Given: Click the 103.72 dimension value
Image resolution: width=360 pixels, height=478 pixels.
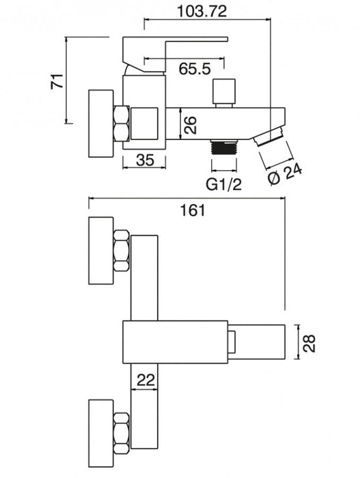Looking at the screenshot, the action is (202, 12).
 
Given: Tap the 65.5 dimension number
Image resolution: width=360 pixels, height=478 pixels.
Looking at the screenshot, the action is (195, 69).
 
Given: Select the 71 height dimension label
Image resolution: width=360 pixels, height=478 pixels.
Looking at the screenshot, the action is (57, 81).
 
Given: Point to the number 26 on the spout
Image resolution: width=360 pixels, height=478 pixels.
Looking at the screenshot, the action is (190, 125).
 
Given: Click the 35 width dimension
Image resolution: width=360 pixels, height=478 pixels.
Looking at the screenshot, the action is (146, 160).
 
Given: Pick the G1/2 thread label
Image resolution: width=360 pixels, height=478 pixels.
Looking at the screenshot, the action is (224, 184).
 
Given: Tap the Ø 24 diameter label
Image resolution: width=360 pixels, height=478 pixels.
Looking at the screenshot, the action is (286, 173).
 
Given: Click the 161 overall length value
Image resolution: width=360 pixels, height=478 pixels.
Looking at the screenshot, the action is (193, 210).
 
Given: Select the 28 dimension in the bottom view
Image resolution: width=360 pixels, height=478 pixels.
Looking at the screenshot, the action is (309, 343).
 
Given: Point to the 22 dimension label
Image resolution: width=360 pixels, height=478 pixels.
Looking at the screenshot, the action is (146, 380).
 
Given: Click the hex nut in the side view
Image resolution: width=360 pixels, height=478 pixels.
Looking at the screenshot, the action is (121, 123).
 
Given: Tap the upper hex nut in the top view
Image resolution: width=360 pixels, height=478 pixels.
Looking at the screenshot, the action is (121, 251).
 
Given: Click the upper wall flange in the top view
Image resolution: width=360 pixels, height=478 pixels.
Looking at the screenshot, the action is (101, 251).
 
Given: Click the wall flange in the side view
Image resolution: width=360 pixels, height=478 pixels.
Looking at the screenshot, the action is (101, 124).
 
